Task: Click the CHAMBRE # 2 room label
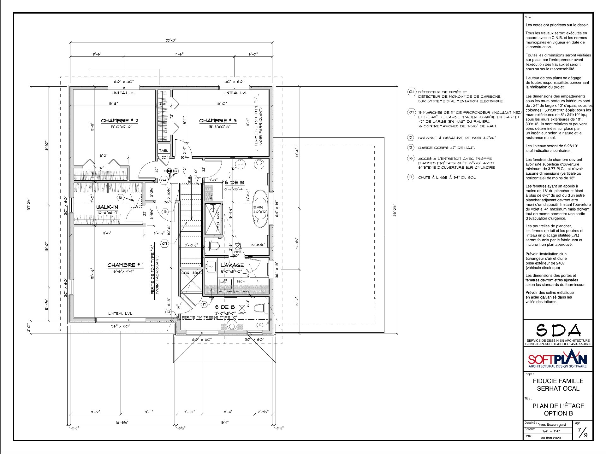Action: (x=119, y=120)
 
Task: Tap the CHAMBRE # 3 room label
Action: (x=218, y=120)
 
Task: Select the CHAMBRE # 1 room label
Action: (x=125, y=265)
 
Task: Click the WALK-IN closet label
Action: (x=107, y=207)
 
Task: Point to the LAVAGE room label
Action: (x=232, y=265)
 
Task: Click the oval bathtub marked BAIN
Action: (x=260, y=208)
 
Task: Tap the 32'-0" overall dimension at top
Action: (x=171, y=40)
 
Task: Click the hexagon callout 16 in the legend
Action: (x=411, y=158)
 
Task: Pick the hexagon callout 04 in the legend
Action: (x=411, y=92)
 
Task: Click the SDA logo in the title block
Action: (x=558, y=330)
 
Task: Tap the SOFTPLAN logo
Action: (x=558, y=359)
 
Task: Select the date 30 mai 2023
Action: (x=551, y=438)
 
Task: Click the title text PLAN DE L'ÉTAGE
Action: (x=558, y=406)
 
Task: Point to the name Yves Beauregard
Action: (x=552, y=424)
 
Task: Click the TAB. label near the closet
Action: (x=163, y=150)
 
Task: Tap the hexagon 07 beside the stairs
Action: (x=164, y=243)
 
